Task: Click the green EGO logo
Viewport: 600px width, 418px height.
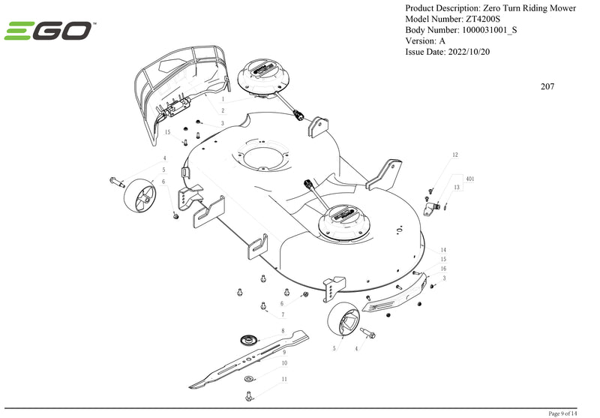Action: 48,31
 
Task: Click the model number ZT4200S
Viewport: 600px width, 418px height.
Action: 482,20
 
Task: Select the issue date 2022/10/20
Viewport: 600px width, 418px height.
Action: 468,52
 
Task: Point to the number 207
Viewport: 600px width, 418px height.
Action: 547,86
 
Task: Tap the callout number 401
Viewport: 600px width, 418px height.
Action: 470,179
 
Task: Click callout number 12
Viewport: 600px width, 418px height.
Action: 455,155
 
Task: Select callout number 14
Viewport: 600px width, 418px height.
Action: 443,250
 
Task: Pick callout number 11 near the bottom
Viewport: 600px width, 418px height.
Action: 284,379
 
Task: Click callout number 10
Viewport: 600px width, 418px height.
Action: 284,363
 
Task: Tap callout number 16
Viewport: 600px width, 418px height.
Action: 443,269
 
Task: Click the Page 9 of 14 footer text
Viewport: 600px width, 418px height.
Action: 562,413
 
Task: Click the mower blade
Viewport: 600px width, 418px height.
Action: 249,359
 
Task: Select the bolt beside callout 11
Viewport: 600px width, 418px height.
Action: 249,395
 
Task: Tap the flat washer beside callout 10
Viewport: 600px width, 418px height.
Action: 249,379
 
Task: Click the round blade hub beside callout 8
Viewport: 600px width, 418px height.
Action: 249,339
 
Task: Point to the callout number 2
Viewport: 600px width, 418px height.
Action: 223,110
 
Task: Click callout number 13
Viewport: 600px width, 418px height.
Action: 457,187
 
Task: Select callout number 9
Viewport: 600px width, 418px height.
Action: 284,352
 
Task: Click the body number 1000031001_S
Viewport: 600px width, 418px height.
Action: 490,30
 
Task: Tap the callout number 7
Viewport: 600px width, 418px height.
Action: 283,314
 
